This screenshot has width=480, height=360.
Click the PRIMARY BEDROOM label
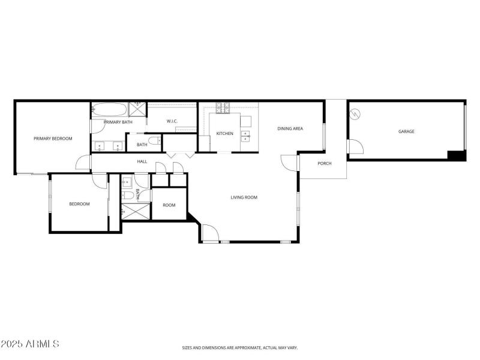coord(53,139)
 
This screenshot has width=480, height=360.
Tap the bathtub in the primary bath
coord(110,110)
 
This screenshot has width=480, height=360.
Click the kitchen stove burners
coord(223,108)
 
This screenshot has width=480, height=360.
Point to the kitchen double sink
coord(246,136)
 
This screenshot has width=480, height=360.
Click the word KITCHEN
coord(225,133)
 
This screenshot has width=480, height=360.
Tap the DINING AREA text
coord(290,128)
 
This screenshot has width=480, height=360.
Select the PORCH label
coord(324,163)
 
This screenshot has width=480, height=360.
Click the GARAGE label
coord(406,131)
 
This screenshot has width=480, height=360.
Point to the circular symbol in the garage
coord(355,113)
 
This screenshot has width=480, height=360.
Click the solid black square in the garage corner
coord(457,155)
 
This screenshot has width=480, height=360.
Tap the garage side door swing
coord(355,146)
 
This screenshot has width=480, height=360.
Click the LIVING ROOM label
coord(244,197)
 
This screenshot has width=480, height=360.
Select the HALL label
coord(142,161)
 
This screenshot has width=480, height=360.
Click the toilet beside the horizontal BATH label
coord(154,142)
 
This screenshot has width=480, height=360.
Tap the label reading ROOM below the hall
coord(169,205)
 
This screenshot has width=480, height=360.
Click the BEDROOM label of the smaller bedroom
coord(79,204)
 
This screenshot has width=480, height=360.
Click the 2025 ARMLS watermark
coord(30,344)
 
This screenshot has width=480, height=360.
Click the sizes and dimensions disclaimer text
coord(240,347)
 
